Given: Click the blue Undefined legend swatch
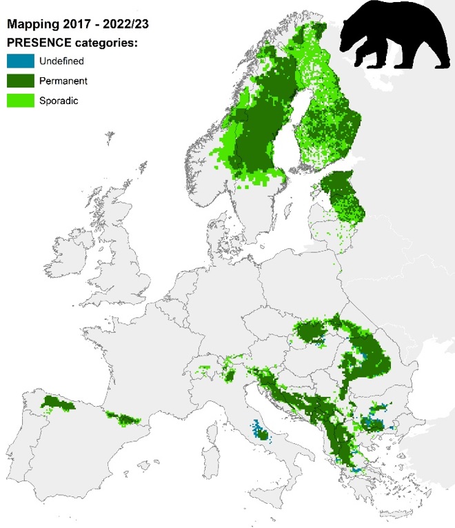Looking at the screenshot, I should (x=20, y=61).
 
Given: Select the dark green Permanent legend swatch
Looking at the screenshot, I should (x=20, y=81).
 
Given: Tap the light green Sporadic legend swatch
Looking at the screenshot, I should (x=20, y=101).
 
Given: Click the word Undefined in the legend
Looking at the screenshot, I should (x=61, y=61).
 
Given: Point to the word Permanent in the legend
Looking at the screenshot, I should (x=63, y=81).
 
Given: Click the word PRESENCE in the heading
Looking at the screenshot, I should (x=37, y=44).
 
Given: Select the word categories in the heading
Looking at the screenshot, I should (x=105, y=44).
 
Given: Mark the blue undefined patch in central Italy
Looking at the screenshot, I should (x=259, y=431).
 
